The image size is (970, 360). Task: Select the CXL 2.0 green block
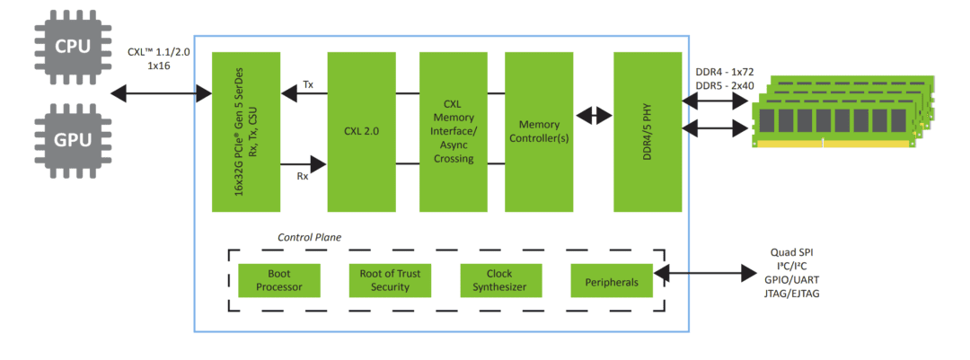[x=361, y=131]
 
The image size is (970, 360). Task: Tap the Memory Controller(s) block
[x=539, y=131]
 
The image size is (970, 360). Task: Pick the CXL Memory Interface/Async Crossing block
[x=454, y=131]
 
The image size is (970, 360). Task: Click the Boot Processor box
[x=272, y=280]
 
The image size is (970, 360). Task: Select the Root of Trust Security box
[x=390, y=280]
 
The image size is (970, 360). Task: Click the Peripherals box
[x=611, y=281]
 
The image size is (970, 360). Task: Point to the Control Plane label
[x=309, y=238]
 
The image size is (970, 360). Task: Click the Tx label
[x=308, y=85]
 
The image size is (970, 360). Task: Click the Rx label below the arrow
[x=302, y=177]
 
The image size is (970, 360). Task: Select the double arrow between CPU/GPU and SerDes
[x=157, y=92]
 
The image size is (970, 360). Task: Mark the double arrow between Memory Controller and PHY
[x=592, y=116]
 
